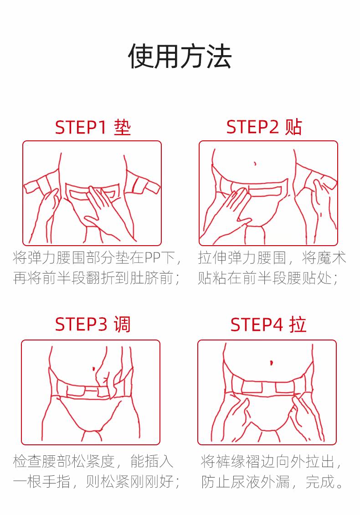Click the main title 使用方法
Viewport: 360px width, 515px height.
click(180, 57)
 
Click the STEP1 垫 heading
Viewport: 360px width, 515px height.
click(93, 128)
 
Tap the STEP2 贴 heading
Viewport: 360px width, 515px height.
click(264, 127)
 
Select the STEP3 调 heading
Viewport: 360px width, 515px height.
click(93, 324)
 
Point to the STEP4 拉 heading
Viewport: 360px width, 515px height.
click(268, 324)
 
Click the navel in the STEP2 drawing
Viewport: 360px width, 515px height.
click(255, 163)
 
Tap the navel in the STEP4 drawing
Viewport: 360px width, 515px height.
click(271, 363)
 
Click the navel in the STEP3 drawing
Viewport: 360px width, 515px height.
click(94, 369)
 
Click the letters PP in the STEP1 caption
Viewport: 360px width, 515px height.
click(152, 258)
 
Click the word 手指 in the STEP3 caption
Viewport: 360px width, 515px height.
click(57, 481)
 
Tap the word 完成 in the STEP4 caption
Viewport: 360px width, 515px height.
click(320, 481)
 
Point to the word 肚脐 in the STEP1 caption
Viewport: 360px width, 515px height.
click(144, 278)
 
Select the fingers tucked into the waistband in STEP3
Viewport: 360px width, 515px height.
click(104, 378)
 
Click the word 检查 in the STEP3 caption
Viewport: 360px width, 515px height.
click(28, 461)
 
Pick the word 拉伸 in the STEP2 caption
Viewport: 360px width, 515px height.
click(212, 258)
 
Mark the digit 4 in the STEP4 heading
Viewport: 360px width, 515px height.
click(278, 325)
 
